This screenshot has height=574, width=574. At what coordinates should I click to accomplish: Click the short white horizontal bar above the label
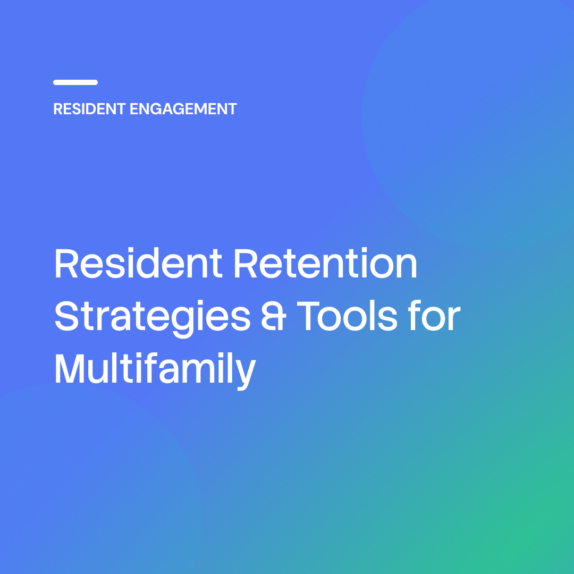point(75,82)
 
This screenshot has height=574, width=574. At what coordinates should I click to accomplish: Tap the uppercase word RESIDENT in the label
point(90,109)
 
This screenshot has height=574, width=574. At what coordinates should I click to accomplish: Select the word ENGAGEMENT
point(183,109)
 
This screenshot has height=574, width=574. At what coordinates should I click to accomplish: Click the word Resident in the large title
point(138,263)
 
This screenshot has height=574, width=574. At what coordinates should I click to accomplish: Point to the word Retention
point(325,263)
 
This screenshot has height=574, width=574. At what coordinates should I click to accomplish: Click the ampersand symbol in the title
point(274,316)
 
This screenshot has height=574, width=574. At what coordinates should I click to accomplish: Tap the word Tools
point(347,316)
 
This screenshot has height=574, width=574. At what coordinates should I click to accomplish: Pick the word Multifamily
point(155,370)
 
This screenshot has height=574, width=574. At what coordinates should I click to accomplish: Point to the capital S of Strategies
point(67,316)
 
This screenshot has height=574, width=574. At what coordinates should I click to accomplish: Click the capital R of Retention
point(246,263)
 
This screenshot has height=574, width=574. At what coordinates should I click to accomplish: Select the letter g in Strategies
point(183,322)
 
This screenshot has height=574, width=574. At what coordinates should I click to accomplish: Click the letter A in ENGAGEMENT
point(166,109)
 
